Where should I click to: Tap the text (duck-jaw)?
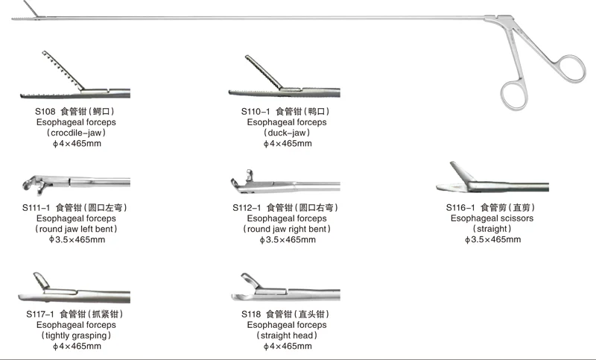tap(286, 133)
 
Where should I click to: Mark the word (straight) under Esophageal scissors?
tap(492, 229)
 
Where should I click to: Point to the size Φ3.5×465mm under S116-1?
tap(492, 239)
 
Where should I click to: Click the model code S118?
tap(252, 315)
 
